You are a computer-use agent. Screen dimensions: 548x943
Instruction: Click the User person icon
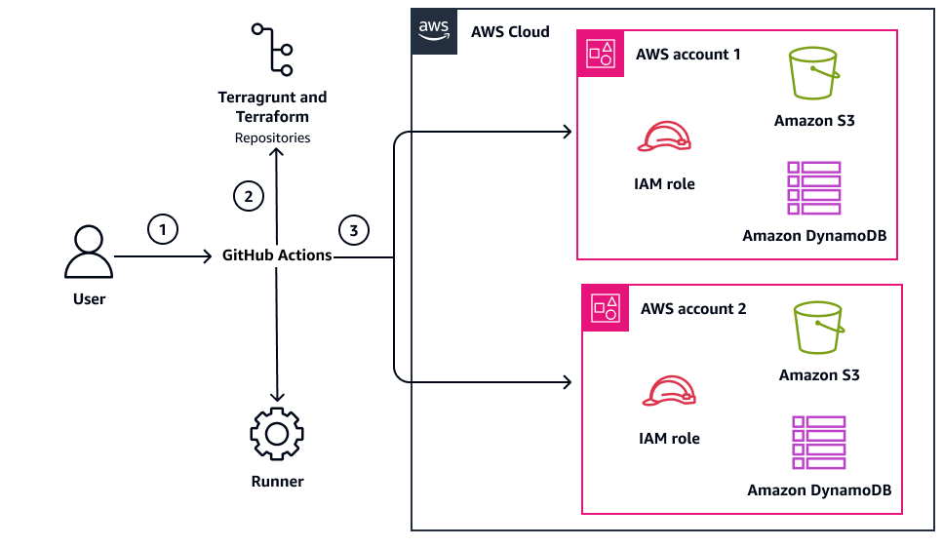[89, 254]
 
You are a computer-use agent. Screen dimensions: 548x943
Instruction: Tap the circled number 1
[163, 229]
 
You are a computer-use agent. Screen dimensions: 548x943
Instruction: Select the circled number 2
[249, 196]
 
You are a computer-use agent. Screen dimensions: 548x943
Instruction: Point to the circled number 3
[354, 230]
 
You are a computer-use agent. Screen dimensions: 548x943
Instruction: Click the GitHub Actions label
[277, 255]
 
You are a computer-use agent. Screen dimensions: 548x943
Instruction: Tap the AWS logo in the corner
[434, 31]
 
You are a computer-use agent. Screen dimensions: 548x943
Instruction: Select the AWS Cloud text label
[510, 31]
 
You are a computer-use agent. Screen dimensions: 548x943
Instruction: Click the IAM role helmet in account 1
[663, 138]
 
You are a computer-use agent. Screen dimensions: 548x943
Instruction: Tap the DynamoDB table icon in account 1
[814, 188]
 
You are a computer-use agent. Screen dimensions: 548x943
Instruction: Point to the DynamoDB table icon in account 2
[819, 443]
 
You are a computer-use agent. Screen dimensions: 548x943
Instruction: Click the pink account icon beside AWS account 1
[599, 54]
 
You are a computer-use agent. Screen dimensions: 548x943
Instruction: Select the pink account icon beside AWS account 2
[605, 308]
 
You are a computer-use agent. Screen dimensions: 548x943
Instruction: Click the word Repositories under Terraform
[273, 137]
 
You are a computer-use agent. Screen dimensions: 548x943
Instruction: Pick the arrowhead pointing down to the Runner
[277, 396]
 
